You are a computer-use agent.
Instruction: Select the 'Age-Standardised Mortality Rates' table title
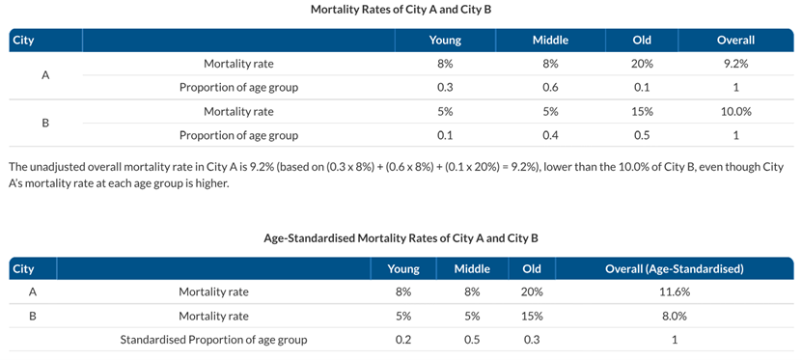point(401,236)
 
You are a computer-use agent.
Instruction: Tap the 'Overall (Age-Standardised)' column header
point(674,268)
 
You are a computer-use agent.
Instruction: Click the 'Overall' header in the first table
point(735,41)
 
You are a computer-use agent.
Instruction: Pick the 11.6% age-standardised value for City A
point(674,291)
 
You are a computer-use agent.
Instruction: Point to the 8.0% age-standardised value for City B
point(674,316)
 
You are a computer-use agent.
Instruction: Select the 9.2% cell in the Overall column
point(735,64)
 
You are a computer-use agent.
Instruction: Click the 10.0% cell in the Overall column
point(735,111)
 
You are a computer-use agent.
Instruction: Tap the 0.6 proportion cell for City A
point(550,88)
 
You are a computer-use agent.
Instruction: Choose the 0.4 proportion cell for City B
point(550,135)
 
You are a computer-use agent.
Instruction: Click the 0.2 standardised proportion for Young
point(404,340)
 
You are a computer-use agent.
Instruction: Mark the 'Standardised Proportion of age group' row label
point(213,340)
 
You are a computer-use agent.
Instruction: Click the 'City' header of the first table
point(22,41)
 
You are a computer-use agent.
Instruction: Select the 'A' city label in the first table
point(45,75)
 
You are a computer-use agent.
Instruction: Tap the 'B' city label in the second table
point(33,316)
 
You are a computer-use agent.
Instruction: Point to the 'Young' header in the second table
point(404,268)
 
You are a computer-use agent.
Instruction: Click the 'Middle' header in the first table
point(550,41)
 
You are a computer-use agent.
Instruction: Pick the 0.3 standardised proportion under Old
point(531,340)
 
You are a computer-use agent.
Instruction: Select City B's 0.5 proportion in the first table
point(642,135)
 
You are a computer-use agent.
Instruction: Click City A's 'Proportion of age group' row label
point(238,88)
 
